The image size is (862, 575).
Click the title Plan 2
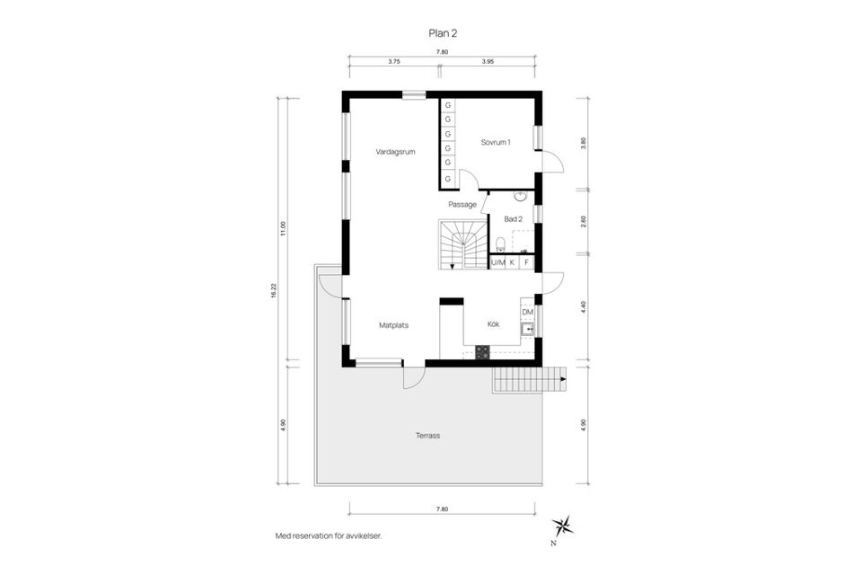[444, 32]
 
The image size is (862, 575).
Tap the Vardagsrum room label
[395, 152]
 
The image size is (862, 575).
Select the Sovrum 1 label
[495, 142]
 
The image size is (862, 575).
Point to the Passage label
[462, 204]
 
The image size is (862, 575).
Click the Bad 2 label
[513, 219]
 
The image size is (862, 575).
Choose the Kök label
[493, 323]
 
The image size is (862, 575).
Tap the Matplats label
[393, 325]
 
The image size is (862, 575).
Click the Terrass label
[427, 436]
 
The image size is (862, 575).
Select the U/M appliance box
[497, 262]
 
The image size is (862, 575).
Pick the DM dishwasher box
[527, 312]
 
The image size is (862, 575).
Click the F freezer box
[526, 262]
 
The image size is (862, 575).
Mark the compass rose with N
[562, 526]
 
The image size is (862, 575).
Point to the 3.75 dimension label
[393, 62]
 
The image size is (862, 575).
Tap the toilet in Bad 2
[498, 243]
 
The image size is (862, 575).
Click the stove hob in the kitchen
[483, 353]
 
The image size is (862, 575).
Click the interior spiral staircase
[462, 244]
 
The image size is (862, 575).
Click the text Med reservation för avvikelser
[329, 535]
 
